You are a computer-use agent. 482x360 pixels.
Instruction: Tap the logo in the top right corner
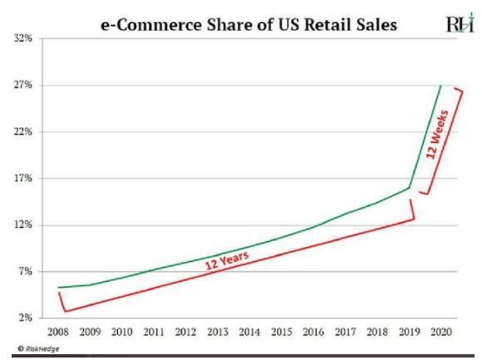click(x=459, y=24)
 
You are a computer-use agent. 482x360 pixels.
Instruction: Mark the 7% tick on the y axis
click(x=24, y=271)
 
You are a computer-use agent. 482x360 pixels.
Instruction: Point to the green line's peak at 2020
click(x=440, y=86)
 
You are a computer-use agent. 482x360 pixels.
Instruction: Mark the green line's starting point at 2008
click(x=57, y=287)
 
